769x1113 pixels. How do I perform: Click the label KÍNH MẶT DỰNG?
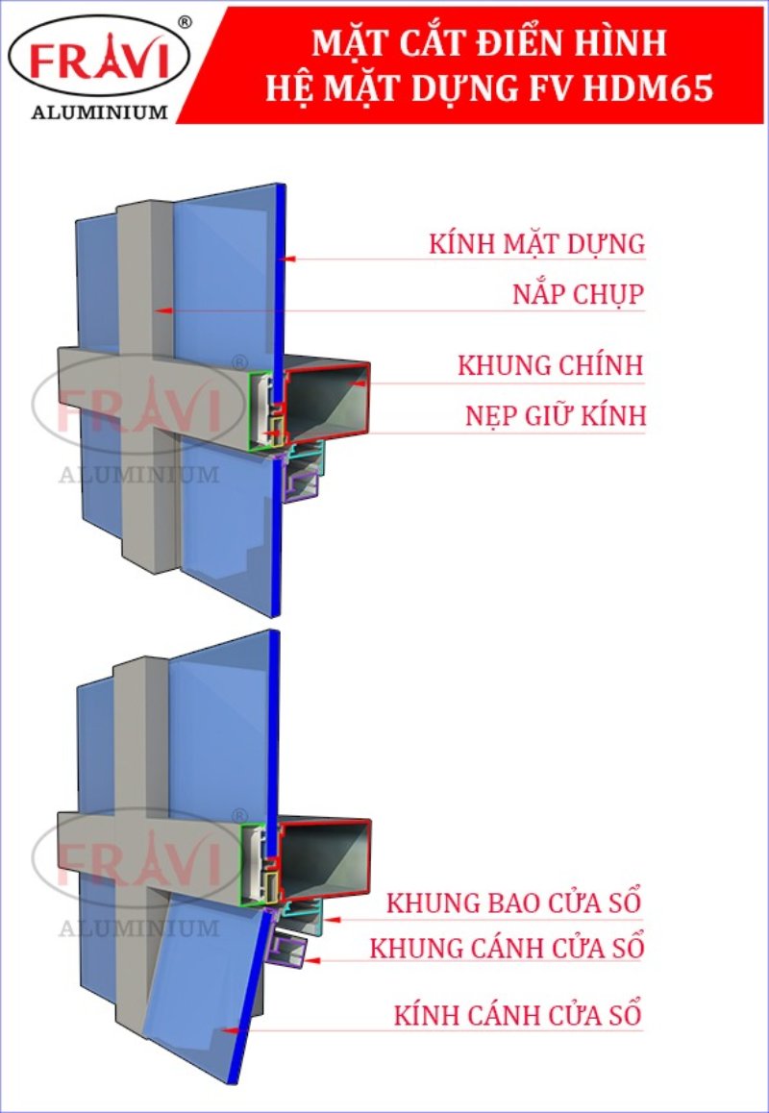536,244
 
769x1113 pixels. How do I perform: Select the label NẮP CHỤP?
577,294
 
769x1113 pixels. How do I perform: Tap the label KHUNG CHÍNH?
550,366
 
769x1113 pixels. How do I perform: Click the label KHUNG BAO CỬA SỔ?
513,903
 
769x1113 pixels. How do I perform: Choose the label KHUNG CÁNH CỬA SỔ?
507,948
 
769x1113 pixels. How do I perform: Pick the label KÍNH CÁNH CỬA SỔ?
517,1015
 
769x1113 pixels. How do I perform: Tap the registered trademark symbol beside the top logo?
186,19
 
